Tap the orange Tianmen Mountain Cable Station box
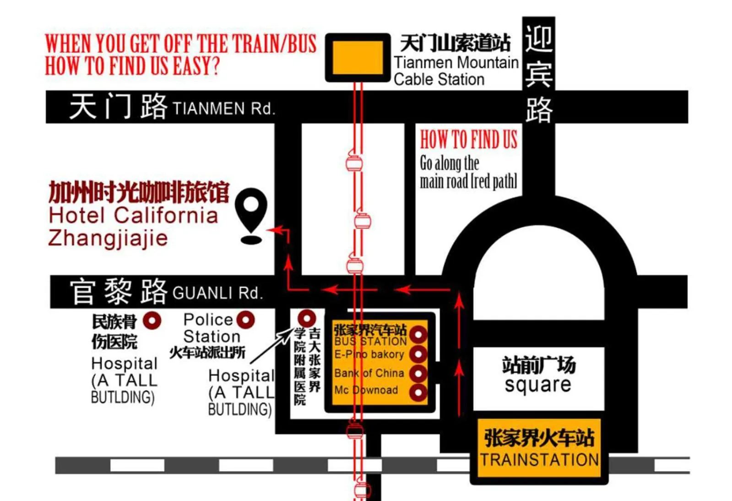[x=358, y=57]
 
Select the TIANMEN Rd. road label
[x=223, y=109]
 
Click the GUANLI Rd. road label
[x=217, y=293]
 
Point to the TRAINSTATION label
[x=539, y=459]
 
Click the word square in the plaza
[x=538, y=385]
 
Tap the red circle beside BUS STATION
[x=418, y=335]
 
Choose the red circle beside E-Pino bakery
[x=418, y=354]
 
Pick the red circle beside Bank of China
[x=418, y=373]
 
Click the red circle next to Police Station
[x=246, y=320]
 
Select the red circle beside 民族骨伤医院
[x=152, y=321]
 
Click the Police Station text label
[x=211, y=328]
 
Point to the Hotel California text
[x=133, y=215]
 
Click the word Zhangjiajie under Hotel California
[x=108, y=238]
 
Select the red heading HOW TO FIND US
[x=468, y=139]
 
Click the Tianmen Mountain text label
[x=456, y=62]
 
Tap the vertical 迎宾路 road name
[x=539, y=73]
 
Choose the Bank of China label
[x=369, y=373]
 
